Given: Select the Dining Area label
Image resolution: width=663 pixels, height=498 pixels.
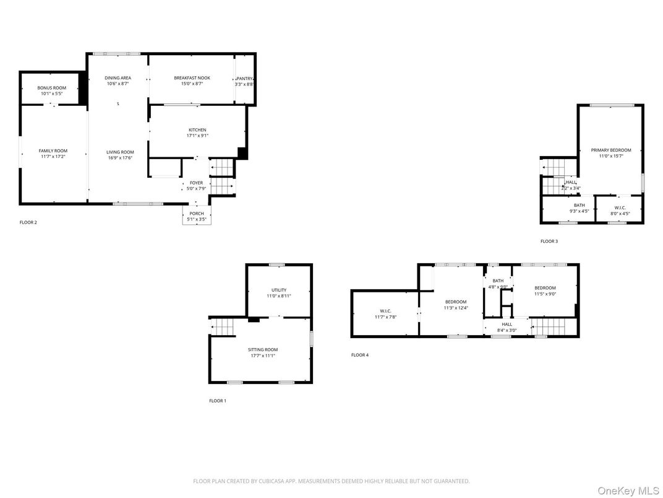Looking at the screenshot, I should pos(118,78).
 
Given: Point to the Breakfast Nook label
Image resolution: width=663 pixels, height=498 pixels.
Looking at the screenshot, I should pos(192,78).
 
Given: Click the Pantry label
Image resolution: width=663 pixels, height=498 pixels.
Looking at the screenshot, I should pos(244,79).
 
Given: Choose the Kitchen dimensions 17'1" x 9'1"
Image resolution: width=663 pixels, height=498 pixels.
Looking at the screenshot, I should pos(197,136).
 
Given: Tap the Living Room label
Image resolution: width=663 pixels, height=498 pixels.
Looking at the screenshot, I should pos(119,152).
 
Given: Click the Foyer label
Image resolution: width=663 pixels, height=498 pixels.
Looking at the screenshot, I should pos(196,183).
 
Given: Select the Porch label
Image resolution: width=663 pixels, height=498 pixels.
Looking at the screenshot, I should pos(196,214).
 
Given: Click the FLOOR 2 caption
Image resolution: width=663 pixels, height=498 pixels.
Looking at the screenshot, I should pos(28,222).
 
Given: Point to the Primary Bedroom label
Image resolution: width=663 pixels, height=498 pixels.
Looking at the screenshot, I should pos(610,150).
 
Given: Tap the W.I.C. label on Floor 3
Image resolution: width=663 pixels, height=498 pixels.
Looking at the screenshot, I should pos(619,207).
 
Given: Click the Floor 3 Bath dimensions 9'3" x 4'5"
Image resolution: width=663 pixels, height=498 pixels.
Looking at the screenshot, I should pos(579,212).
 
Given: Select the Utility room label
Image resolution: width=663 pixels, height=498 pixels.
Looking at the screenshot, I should pos(278,290).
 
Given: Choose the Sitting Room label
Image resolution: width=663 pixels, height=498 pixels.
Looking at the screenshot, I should pos(263,349).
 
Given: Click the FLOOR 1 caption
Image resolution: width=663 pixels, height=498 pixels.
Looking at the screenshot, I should pos(217,401).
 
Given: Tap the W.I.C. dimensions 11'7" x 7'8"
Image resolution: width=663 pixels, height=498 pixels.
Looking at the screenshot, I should pos(385,317).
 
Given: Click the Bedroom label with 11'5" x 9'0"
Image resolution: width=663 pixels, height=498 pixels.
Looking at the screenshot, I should pos(545,287).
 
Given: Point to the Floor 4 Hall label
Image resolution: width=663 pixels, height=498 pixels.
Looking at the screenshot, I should pos(507,324).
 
